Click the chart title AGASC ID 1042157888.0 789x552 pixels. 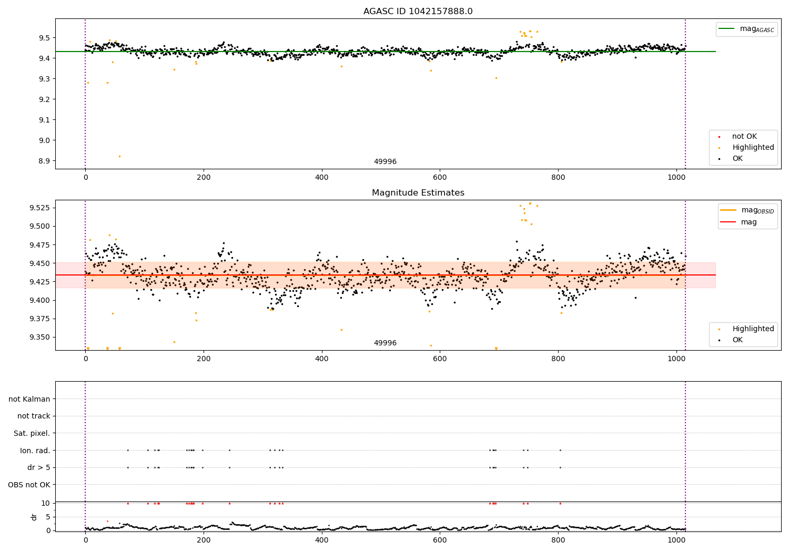tap(418, 12)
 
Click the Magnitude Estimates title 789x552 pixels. tap(418, 193)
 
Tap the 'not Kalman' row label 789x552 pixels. tap(29, 399)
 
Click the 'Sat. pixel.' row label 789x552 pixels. tap(32, 433)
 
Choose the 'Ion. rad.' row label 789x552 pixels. tap(35, 451)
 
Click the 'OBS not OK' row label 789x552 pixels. tap(29, 485)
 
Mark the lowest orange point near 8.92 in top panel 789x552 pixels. tap(119, 156)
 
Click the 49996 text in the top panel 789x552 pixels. tap(385, 162)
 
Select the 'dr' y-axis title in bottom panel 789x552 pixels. tap(34, 517)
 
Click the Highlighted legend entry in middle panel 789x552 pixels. tap(753, 329)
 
